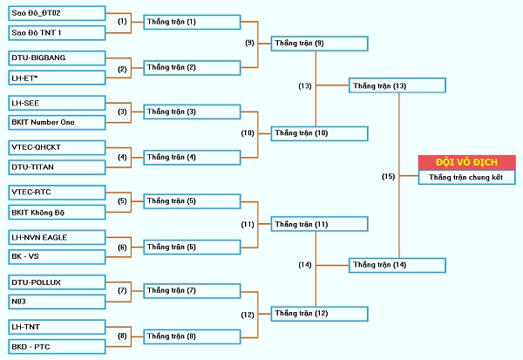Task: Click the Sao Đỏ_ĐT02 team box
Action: click(x=57, y=13)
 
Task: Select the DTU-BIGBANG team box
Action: click(x=57, y=58)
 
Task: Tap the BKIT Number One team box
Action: click(x=57, y=122)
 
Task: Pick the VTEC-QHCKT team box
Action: click(x=57, y=147)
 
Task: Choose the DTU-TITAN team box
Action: click(x=57, y=167)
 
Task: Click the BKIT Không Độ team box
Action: click(x=57, y=212)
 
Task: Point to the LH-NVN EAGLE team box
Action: click(x=57, y=237)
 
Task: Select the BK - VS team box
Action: click(x=57, y=257)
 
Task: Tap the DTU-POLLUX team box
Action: click(x=57, y=282)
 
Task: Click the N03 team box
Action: click(x=57, y=302)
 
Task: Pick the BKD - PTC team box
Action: click(x=57, y=347)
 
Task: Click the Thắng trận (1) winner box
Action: click(x=192, y=22)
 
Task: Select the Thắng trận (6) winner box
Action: click(x=192, y=248)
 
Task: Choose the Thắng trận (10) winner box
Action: click(x=320, y=133)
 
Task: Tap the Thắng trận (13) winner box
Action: click(x=397, y=85)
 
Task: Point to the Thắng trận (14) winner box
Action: click(x=397, y=265)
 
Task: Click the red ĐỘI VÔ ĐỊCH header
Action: click(x=467, y=162)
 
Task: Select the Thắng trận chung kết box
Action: click(x=467, y=177)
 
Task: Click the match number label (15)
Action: click(x=388, y=176)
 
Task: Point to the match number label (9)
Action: click(x=249, y=43)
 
